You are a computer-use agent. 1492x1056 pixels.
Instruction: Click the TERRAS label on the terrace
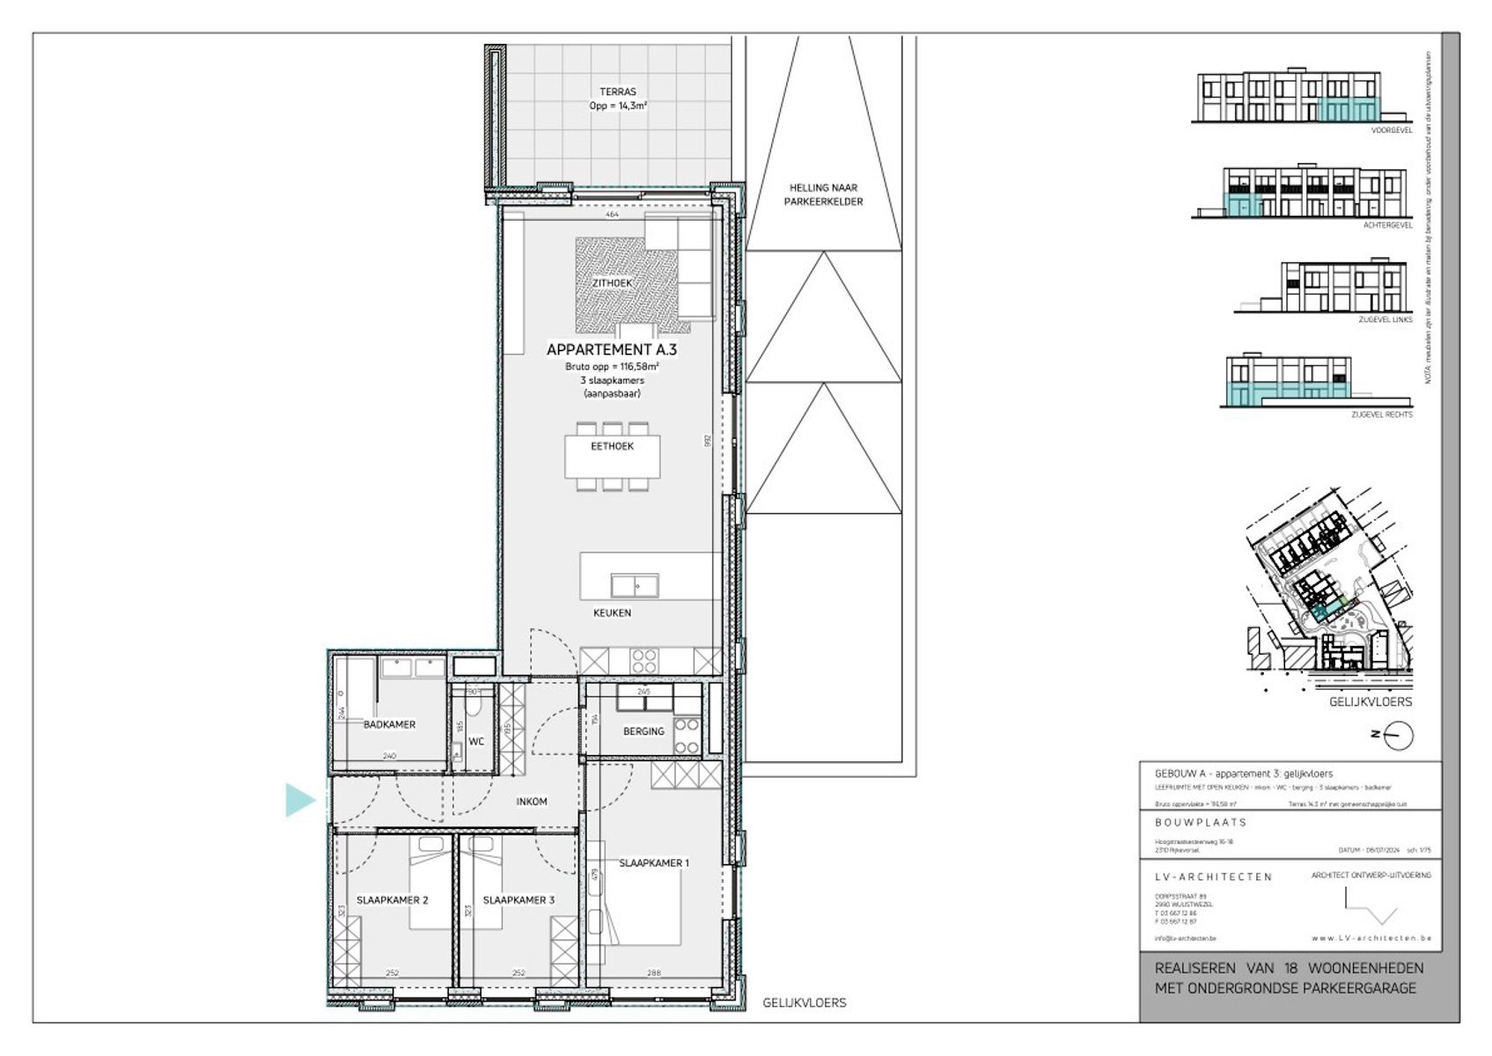(617, 92)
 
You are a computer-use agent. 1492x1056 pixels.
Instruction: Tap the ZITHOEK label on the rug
(612, 283)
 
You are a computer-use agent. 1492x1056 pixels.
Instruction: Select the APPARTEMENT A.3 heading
(611, 349)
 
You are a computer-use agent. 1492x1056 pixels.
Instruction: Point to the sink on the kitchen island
(635, 585)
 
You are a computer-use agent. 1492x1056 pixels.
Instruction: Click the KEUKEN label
(611, 612)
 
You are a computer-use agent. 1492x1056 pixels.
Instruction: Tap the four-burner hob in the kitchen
(644, 660)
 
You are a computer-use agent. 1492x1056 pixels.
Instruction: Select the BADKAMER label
(389, 724)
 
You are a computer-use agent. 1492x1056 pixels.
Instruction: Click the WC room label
(476, 742)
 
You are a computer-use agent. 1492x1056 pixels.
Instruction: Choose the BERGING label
(643, 731)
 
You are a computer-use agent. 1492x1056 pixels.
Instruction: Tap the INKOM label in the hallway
(532, 802)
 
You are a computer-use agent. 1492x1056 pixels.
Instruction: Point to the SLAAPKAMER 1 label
(653, 862)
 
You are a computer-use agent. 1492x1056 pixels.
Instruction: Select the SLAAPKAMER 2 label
(392, 900)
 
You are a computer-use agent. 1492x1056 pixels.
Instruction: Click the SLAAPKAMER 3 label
(518, 900)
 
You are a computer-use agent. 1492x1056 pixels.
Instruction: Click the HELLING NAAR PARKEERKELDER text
(823, 194)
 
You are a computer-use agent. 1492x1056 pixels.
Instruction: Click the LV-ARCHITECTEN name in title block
(1213, 876)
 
